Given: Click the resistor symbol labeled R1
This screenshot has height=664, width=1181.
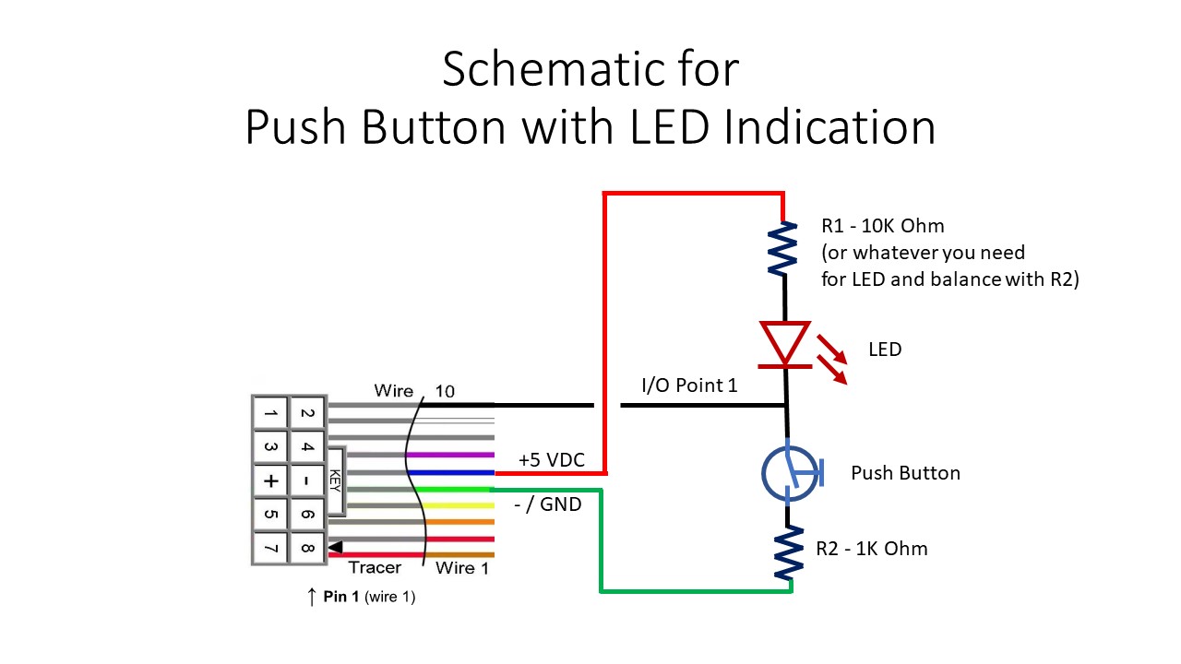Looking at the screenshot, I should click(783, 249).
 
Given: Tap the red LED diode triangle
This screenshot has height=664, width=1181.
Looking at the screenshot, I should click(785, 342).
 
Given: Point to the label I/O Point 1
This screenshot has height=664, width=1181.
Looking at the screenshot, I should click(689, 385).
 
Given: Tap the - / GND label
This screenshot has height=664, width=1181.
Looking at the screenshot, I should click(547, 504).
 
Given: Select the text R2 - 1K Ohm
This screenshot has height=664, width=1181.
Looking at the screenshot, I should click(871, 549).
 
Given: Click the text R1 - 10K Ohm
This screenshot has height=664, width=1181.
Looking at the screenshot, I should click(882, 226).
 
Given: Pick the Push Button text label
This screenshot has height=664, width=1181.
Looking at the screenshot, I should click(904, 473).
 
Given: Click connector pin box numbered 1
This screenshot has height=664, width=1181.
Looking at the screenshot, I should click(269, 414).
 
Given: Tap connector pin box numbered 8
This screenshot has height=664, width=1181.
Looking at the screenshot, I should click(307, 549).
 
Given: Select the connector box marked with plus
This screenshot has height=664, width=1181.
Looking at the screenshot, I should click(269, 481).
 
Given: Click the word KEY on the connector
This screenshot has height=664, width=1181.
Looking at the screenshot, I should click(334, 480).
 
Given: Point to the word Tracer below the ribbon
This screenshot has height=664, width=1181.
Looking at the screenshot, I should click(375, 568).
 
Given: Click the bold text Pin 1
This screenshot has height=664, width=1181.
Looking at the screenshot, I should click(340, 597).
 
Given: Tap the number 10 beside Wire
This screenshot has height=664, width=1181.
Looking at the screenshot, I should click(444, 391).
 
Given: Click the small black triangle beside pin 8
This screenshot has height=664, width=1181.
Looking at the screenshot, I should click(335, 547).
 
